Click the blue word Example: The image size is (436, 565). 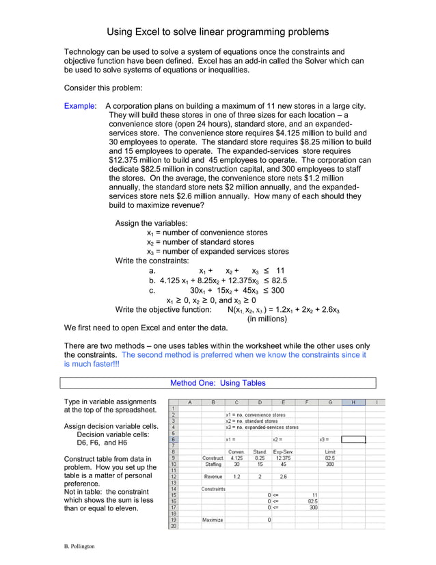pyautogui.click(x=81, y=106)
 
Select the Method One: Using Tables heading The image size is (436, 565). pyautogui.click(x=217, y=383)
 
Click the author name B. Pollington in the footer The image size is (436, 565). pyautogui.click(x=76, y=546)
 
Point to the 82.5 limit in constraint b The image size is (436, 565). pyautogui.click(x=280, y=280)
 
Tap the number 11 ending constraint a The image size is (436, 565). pyautogui.click(x=280, y=270)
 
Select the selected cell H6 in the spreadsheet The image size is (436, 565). pyautogui.click(x=353, y=439)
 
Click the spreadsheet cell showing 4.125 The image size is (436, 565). pyautogui.click(x=237, y=458)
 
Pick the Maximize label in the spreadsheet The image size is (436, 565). pyautogui.click(x=213, y=520)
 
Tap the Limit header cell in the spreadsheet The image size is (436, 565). pyautogui.click(x=330, y=451)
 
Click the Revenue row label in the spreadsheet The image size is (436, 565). pyautogui.click(x=213, y=476)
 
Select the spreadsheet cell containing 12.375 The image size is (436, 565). pyautogui.click(x=283, y=458)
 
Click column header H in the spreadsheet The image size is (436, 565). pyautogui.click(x=353, y=402)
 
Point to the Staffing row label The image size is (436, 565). pyautogui.click(x=213, y=464)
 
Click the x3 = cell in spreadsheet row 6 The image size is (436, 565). pyautogui.click(x=324, y=439)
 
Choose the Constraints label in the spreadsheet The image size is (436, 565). pyautogui.click(x=213, y=488)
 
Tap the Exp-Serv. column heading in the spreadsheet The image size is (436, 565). pyautogui.click(x=283, y=451)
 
